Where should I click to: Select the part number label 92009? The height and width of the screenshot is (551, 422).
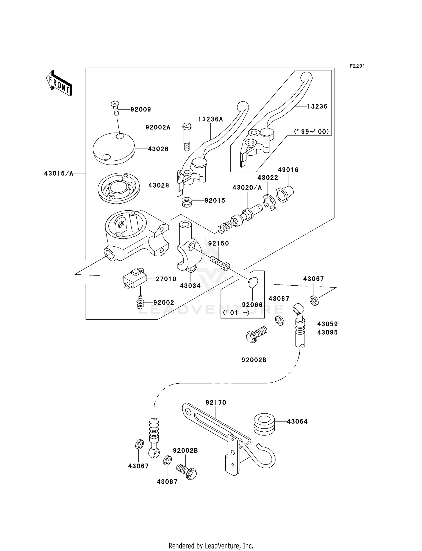[141, 110]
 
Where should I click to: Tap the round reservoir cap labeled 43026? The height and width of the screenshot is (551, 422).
[114, 149]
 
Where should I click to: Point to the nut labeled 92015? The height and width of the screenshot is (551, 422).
[187, 202]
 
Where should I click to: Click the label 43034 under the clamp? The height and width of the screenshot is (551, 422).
[190, 286]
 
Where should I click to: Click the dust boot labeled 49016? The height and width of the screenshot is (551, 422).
[285, 194]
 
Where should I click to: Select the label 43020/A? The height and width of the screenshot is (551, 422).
[247, 188]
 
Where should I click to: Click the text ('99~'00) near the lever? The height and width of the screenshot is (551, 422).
[311, 131]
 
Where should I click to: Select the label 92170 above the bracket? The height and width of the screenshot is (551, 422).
[216, 402]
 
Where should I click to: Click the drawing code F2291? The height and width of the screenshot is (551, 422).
[357, 66]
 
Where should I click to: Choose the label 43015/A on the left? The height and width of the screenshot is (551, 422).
[59, 174]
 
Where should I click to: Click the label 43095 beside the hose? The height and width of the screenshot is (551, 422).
[327, 333]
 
